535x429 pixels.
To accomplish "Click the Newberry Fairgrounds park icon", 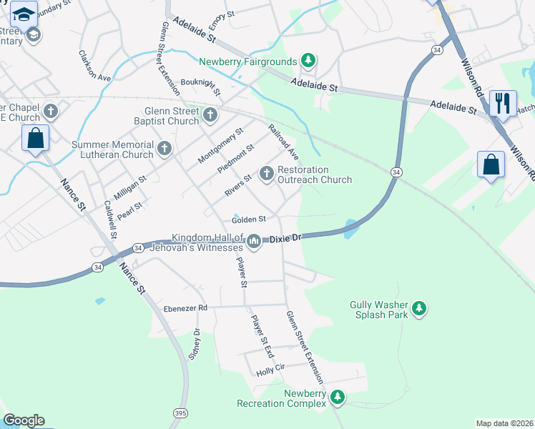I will (308, 61).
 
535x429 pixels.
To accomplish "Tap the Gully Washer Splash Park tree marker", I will (419, 309).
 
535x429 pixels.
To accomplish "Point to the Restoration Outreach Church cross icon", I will (267, 173).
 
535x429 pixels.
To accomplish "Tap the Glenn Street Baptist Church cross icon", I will (210, 114).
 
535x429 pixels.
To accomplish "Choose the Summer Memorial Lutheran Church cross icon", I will (165, 149).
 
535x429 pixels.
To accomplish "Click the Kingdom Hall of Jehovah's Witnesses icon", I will (253, 244).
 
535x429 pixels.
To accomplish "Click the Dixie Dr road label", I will (286, 240).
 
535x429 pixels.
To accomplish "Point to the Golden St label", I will (249, 219).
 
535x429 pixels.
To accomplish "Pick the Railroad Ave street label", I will (283, 141).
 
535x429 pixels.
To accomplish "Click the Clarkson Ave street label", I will (94, 66).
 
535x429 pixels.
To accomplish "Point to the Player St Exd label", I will (261, 335).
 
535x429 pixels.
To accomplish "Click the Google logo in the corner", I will (24, 420).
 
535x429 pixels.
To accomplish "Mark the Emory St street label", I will (222, 14).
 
